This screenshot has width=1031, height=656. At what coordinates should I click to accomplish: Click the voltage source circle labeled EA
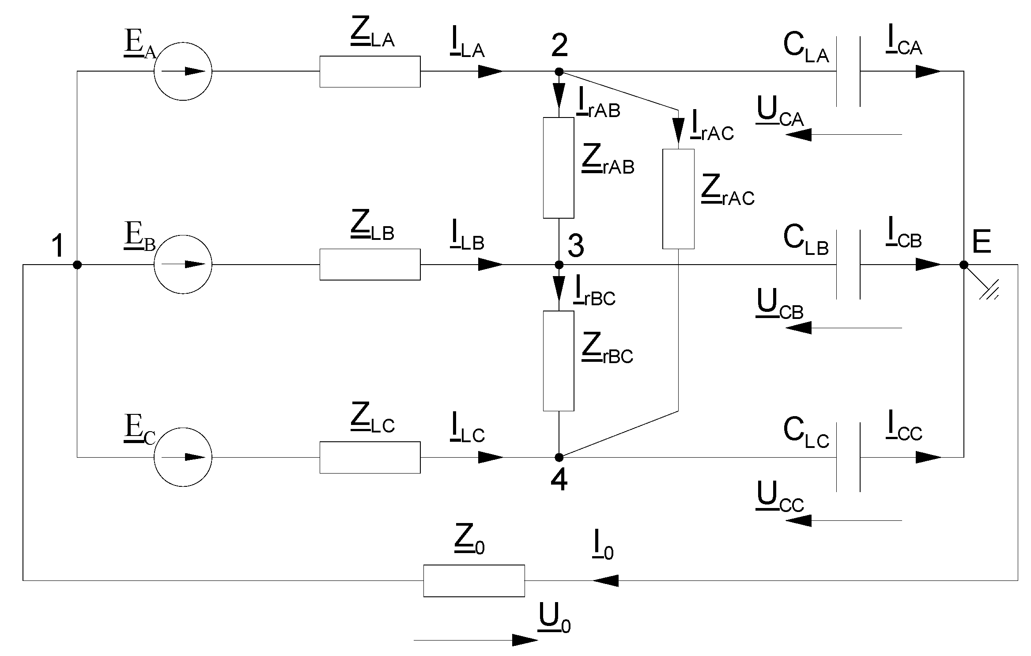tap(183, 72)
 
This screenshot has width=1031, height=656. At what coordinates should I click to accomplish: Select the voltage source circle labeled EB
tap(183, 265)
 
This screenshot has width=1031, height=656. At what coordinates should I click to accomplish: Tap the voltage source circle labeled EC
tap(183, 457)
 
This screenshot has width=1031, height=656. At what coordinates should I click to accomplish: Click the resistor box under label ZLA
tap(370, 72)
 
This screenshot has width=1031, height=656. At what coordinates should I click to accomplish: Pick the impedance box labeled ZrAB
tap(559, 168)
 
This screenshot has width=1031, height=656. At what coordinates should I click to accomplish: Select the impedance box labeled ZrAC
tap(678, 199)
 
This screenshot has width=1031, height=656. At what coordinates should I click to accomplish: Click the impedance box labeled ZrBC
tap(559, 361)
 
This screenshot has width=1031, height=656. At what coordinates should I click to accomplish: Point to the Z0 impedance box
tap(474, 580)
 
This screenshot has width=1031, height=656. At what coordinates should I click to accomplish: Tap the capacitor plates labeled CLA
tap(848, 72)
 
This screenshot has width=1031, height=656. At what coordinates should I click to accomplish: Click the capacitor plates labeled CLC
tap(848, 457)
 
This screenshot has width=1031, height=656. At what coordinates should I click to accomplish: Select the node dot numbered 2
tap(559, 71)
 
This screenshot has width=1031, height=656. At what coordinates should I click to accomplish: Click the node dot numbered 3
tap(559, 265)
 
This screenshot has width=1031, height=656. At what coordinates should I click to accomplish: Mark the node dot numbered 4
tap(559, 457)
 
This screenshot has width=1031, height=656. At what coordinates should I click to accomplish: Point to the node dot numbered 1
tap(77, 265)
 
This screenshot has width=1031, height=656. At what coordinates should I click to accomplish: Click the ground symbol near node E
tap(989, 292)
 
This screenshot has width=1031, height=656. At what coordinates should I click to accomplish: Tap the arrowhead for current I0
tap(605, 580)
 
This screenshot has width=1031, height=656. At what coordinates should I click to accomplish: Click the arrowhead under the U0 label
tap(525, 640)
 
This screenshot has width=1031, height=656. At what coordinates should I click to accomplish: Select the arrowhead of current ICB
tap(928, 265)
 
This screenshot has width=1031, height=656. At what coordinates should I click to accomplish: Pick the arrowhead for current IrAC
tap(678, 133)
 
